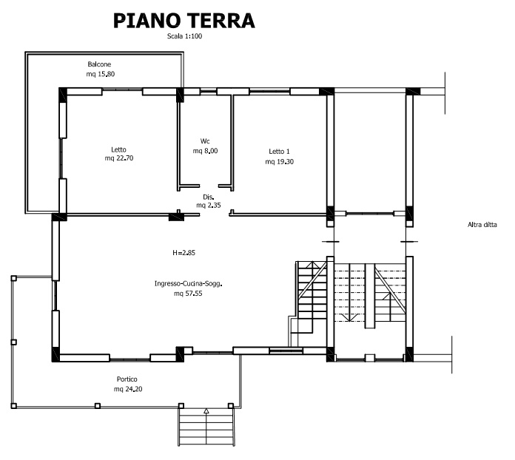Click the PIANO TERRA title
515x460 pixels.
coord(184,21)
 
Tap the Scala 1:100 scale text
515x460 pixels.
coord(184,36)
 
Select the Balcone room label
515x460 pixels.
coord(99,64)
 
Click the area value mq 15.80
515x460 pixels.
coord(101,74)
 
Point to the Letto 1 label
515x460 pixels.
coord(279,152)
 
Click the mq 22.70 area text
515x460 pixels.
coord(119,158)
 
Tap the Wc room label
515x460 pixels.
coord(205,141)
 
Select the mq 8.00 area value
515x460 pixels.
coord(205,151)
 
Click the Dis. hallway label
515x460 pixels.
coord(209,197)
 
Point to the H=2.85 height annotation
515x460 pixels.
coord(184,252)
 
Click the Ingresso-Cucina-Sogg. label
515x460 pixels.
coord(188,284)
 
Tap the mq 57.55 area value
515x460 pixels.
coord(188,294)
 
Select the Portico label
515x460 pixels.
coord(127,379)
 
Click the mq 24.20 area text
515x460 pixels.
coord(128,390)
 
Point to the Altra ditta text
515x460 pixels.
coord(482,225)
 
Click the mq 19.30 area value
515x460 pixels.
coord(280,161)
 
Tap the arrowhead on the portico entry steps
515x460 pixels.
coord(206,410)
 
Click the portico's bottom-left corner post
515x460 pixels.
coord(14,406)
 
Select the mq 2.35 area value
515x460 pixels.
coord(209,206)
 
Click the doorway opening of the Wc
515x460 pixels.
coord(209,186)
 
